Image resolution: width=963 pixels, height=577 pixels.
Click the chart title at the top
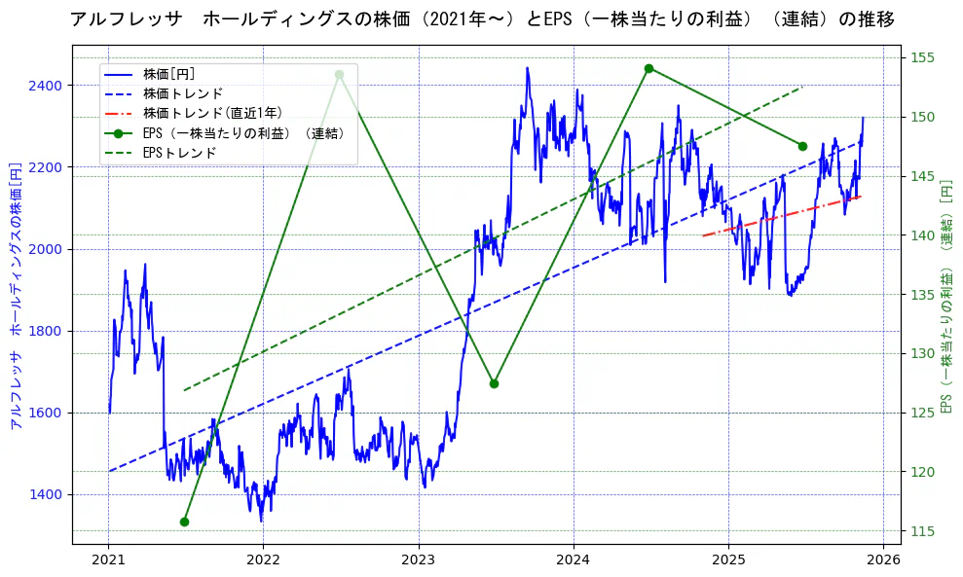[482, 19]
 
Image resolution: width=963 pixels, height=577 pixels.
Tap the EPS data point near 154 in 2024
[648, 68]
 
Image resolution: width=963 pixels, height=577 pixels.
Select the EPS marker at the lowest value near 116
[184, 522]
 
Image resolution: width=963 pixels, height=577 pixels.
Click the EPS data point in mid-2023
[494, 383]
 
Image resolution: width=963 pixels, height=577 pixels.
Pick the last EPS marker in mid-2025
[802, 146]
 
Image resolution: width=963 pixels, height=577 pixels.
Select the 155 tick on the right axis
[922, 58]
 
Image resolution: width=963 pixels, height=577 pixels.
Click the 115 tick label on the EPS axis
[922, 531]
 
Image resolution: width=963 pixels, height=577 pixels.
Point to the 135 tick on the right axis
[922, 295]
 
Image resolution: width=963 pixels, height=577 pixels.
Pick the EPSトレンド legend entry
[179, 153]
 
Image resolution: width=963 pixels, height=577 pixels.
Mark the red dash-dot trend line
[779, 216]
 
